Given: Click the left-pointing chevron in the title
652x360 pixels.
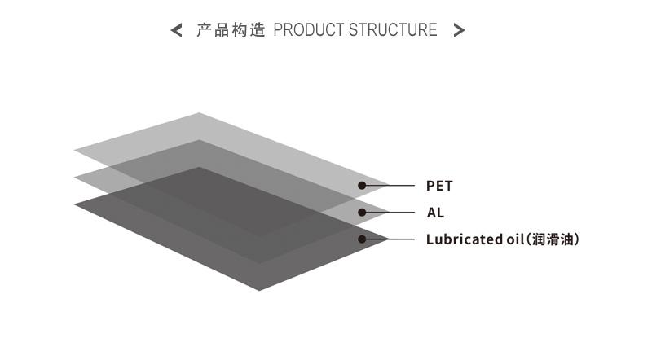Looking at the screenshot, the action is tap(176, 30).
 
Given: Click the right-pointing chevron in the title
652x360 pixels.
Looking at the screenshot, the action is tap(459, 30).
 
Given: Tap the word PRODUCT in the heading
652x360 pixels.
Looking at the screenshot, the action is tap(309, 30).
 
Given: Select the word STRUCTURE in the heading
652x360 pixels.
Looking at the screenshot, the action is tap(393, 30).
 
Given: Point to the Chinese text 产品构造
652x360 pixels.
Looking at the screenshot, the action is tap(231, 30).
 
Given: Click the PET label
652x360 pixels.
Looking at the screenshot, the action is tap(439, 186).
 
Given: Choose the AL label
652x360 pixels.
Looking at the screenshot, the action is tap(435, 213).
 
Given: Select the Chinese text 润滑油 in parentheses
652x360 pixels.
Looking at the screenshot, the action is tap(553, 239).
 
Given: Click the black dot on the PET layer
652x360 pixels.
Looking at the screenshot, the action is tap(362, 186).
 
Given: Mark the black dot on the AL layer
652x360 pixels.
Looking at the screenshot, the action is tap(362, 213).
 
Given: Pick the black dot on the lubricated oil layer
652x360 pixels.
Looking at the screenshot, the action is tap(362, 239).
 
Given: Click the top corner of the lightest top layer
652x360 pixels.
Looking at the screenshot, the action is tap(199, 113).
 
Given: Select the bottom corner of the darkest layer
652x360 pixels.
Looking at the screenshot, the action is tap(259, 290).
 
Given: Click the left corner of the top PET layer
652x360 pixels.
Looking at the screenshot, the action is tap(75, 150).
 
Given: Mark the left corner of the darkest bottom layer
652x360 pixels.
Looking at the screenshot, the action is tap(75, 204).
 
